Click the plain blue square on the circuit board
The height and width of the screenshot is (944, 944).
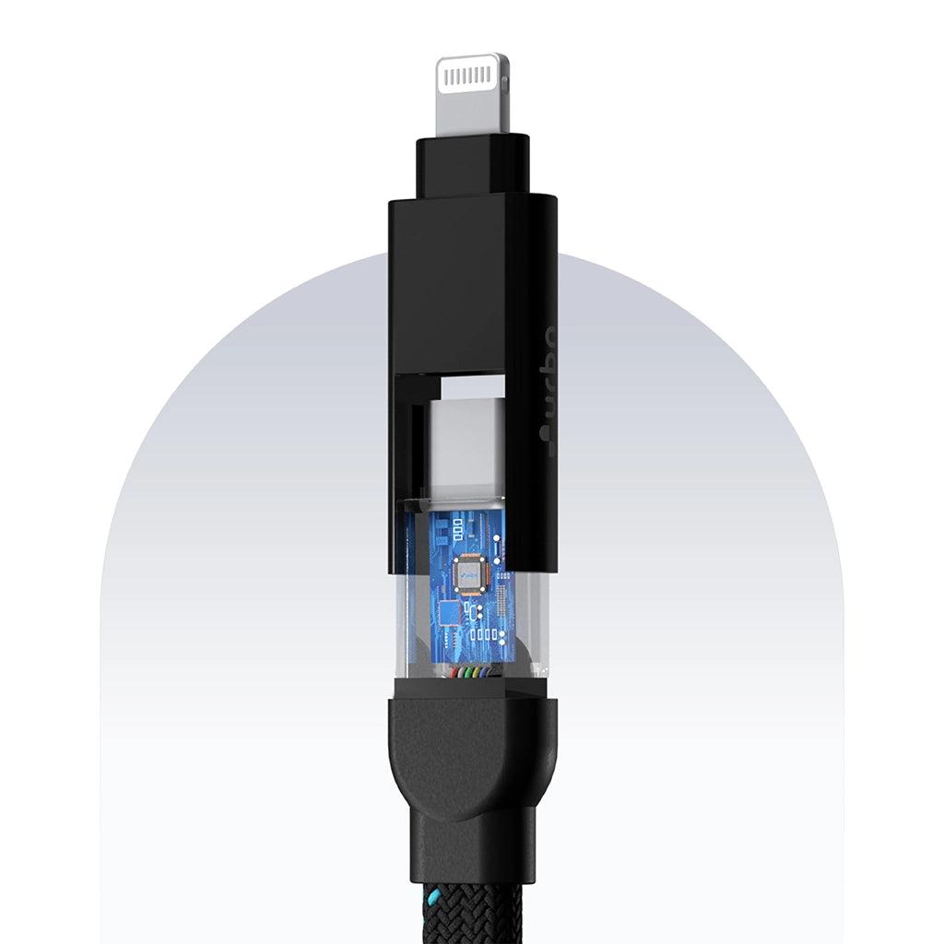tap(449, 611)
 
